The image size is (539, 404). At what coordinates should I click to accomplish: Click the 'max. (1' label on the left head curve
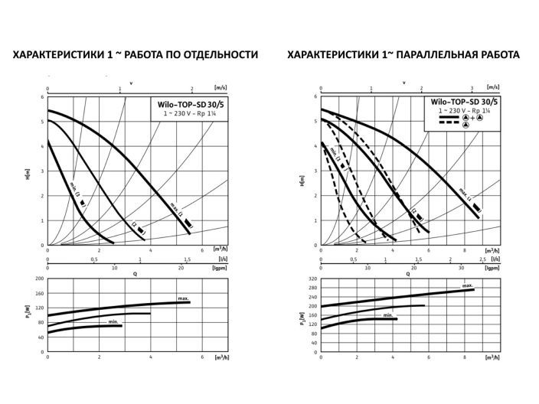coord(178,214)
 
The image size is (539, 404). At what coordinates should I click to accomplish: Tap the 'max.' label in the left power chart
coord(184,297)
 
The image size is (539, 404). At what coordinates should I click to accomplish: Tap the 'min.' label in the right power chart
coord(388,314)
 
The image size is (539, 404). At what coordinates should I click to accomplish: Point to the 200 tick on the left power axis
coord(40,279)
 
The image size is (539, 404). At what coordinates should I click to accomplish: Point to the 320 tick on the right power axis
coord(312,279)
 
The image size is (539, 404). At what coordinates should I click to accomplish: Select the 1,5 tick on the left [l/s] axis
coord(188,260)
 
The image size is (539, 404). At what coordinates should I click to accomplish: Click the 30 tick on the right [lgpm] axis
coord(461,268)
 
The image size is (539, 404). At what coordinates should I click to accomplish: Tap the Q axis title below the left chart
coord(136,273)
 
